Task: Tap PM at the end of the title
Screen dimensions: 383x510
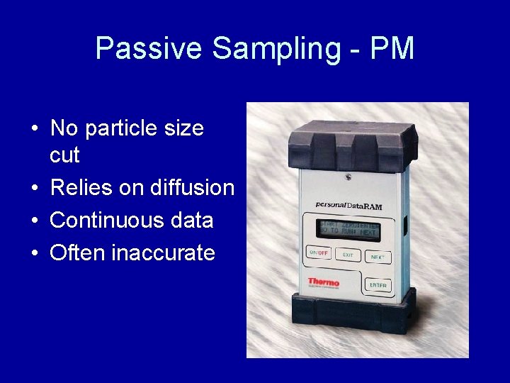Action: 392,49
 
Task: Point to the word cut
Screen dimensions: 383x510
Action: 64,155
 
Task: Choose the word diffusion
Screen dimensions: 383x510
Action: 192,187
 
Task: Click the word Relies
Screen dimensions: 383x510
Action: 79,187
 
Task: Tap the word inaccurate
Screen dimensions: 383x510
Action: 164,252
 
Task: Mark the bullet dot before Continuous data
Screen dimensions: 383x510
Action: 35,221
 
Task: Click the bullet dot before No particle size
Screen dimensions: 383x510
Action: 35,129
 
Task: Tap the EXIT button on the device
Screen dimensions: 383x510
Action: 347,255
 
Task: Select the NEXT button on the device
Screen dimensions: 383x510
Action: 378,256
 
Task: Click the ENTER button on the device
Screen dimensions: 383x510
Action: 378,284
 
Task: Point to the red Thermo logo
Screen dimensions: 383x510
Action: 323,282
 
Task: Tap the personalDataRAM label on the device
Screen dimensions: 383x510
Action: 348,206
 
